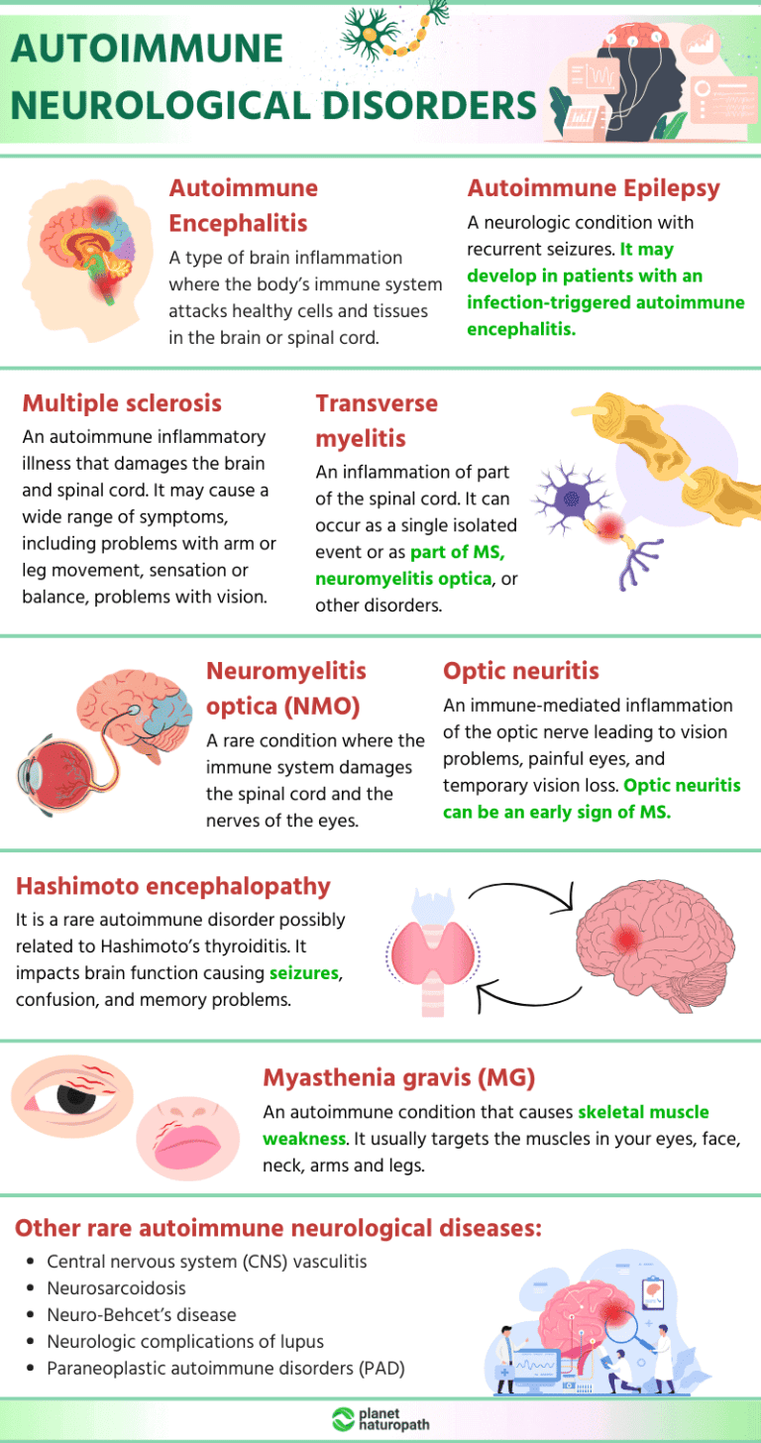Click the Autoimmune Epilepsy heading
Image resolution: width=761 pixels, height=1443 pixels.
pos(593,188)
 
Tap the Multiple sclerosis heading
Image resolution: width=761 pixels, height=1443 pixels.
pos(122,403)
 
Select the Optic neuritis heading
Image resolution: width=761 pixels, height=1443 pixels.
pos(521,671)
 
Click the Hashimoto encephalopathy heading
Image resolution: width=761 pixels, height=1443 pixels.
pos(173,886)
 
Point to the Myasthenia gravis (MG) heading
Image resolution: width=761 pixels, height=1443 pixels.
pos(399,1077)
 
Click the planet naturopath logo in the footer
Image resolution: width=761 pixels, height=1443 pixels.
pos(380,1419)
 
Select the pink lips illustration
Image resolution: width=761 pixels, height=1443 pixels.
pos(188,1140)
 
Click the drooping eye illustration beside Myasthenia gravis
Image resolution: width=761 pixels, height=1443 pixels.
pos(72,1096)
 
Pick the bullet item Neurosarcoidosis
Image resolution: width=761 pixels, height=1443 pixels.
pos(116,1287)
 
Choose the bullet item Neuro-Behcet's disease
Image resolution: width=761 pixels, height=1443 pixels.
pos(141,1314)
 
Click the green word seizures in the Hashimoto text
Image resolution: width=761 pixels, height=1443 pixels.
pos(304,973)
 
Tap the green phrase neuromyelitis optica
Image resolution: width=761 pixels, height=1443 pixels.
pos(403,579)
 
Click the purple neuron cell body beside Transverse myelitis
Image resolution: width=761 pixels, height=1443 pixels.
pos(571,498)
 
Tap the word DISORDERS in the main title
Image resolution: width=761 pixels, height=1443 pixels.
pos(429,105)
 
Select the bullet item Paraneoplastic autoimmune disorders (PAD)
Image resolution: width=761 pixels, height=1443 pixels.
pos(225,1368)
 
